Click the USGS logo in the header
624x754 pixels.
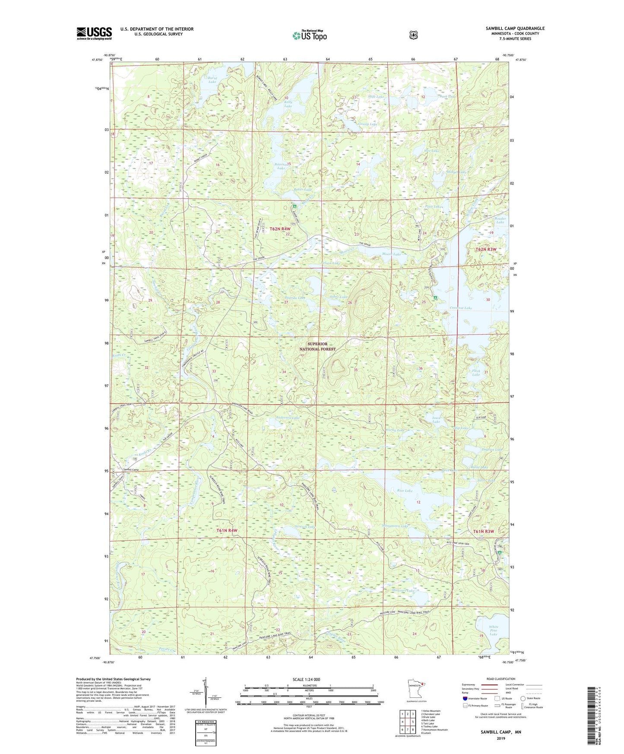click(94, 33)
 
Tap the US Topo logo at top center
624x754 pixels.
click(309, 35)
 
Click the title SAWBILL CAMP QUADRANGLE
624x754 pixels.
click(515, 29)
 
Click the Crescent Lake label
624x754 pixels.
click(461, 308)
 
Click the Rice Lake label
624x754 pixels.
click(405, 491)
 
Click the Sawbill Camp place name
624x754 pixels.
click(130, 469)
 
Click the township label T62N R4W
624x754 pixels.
click(280, 228)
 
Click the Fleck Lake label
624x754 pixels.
click(475, 372)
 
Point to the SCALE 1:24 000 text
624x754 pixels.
click(306, 679)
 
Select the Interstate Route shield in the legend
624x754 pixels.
click(465, 698)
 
